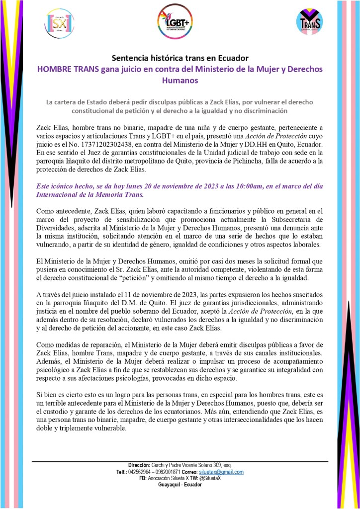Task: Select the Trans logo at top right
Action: pyautogui.click(x=308, y=22)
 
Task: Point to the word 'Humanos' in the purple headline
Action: pyautogui.click(x=180, y=80)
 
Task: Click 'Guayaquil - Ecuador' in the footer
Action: pyautogui.click(x=180, y=485)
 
